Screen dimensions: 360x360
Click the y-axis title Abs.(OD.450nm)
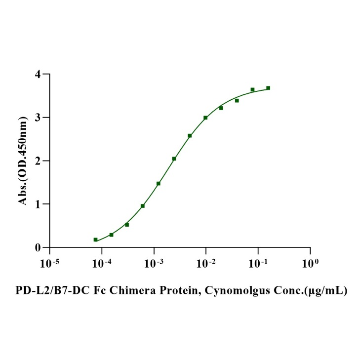(23, 160)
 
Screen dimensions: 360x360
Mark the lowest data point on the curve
(95, 240)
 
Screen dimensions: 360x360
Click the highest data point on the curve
(268, 88)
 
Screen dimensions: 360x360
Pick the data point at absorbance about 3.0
(205, 118)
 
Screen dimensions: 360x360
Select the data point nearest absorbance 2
(174, 159)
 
